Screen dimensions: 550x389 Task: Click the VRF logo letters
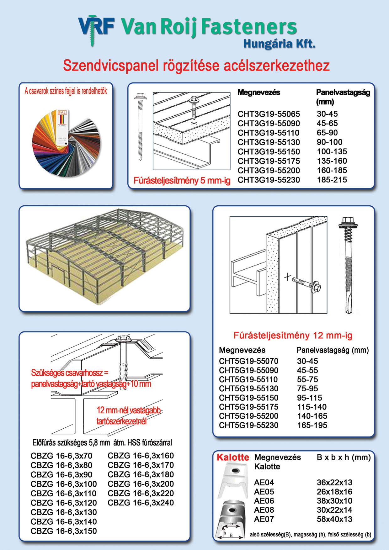pos(96,26)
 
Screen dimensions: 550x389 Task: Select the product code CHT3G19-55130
pos(269,142)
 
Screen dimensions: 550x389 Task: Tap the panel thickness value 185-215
pos(332,180)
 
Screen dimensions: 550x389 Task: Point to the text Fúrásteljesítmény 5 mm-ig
pos(182,181)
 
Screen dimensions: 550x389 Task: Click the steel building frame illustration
pos(104,256)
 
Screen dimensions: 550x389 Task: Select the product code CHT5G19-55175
pos(248,407)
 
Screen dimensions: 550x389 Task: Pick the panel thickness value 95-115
pos(309,398)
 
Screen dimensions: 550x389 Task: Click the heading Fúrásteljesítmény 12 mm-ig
pos(293,336)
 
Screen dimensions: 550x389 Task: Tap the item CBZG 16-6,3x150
pos(64,531)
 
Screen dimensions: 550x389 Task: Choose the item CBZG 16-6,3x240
pos(141,503)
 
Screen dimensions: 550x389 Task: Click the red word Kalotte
pos(233,457)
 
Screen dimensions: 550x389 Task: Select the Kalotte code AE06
pos(264,501)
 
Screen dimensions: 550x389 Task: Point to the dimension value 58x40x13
pos(334,519)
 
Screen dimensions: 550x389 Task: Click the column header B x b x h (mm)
pos(344,457)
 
